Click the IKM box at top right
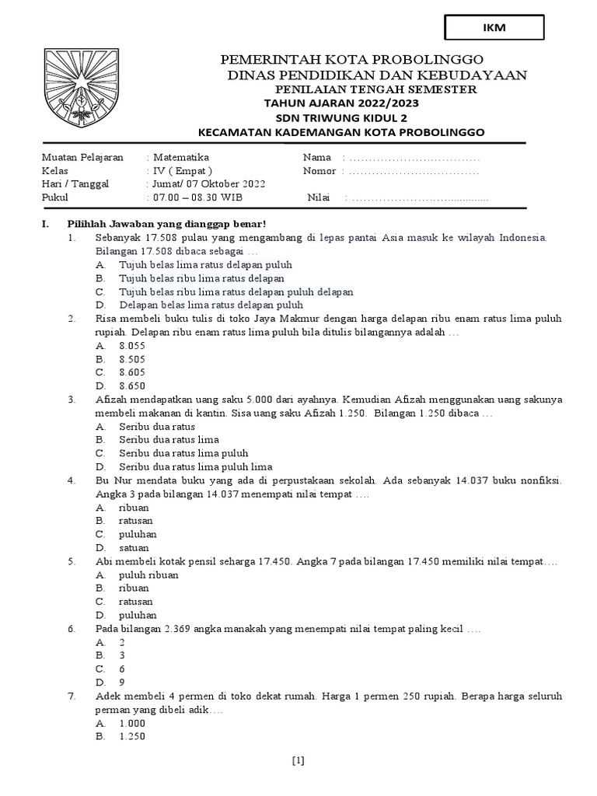pyautogui.click(x=494, y=27)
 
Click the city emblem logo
pyautogui.click(x=81, y=87)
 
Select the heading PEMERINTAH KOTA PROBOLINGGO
pyautogui.click(x=353, y=60)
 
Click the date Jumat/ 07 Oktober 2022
pyautogui.click(x=206, y=184)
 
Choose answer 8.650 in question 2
pyautogui.click(x=132, y=386)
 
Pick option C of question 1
pyautogui.click(x=236, y=292)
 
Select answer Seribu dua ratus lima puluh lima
pyautogui.click(x=195, y=466)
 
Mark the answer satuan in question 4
pyautogui.click(x=134, y=547)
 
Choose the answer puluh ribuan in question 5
pyautogui.click(x=148, y=574)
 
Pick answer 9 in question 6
pyautogui.click(x=122, y=682)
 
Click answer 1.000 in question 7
pyautogui.click(x=132, y=722)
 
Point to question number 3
pyautogui.click(x=71, y=400)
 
